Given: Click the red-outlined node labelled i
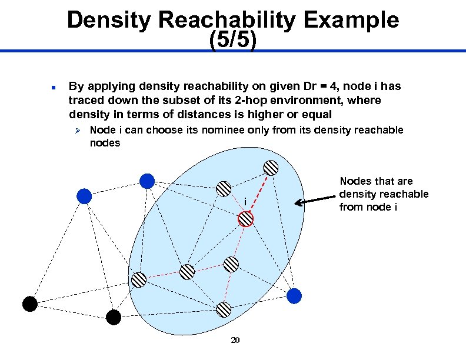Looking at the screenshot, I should tap(245, 219).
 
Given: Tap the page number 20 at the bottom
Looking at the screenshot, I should tap(235, 341).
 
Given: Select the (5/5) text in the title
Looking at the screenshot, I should tap(232, 41).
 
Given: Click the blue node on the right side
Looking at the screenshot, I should tap(294, 295).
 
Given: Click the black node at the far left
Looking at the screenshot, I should tap(29, 304).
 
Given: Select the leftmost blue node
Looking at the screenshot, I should tap(85, 196).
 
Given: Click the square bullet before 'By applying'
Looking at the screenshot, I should tap(52, 88).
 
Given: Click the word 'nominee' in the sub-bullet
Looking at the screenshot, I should tap(221, 130).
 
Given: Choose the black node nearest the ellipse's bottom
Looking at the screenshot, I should tap(114, 318).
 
